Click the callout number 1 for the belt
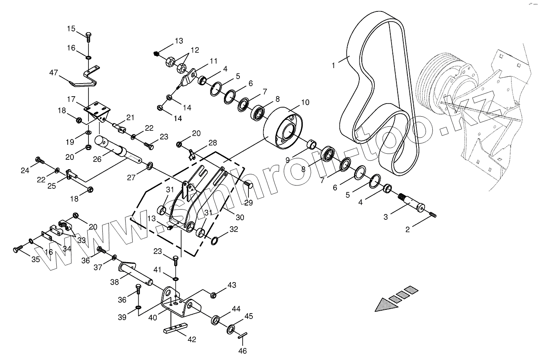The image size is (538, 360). (x=334, y=65)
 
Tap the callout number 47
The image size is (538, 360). (x=53, y=73)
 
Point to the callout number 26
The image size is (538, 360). (x=97, y=159)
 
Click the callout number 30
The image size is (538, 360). (x=240, y=217)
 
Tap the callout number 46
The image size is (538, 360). (x=243, y=351)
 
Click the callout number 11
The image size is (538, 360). (x=213, y=61)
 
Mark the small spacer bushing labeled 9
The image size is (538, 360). (x=312, y=144)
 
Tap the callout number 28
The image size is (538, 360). (x=213, y=143)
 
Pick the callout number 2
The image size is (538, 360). (x=407, y=230)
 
